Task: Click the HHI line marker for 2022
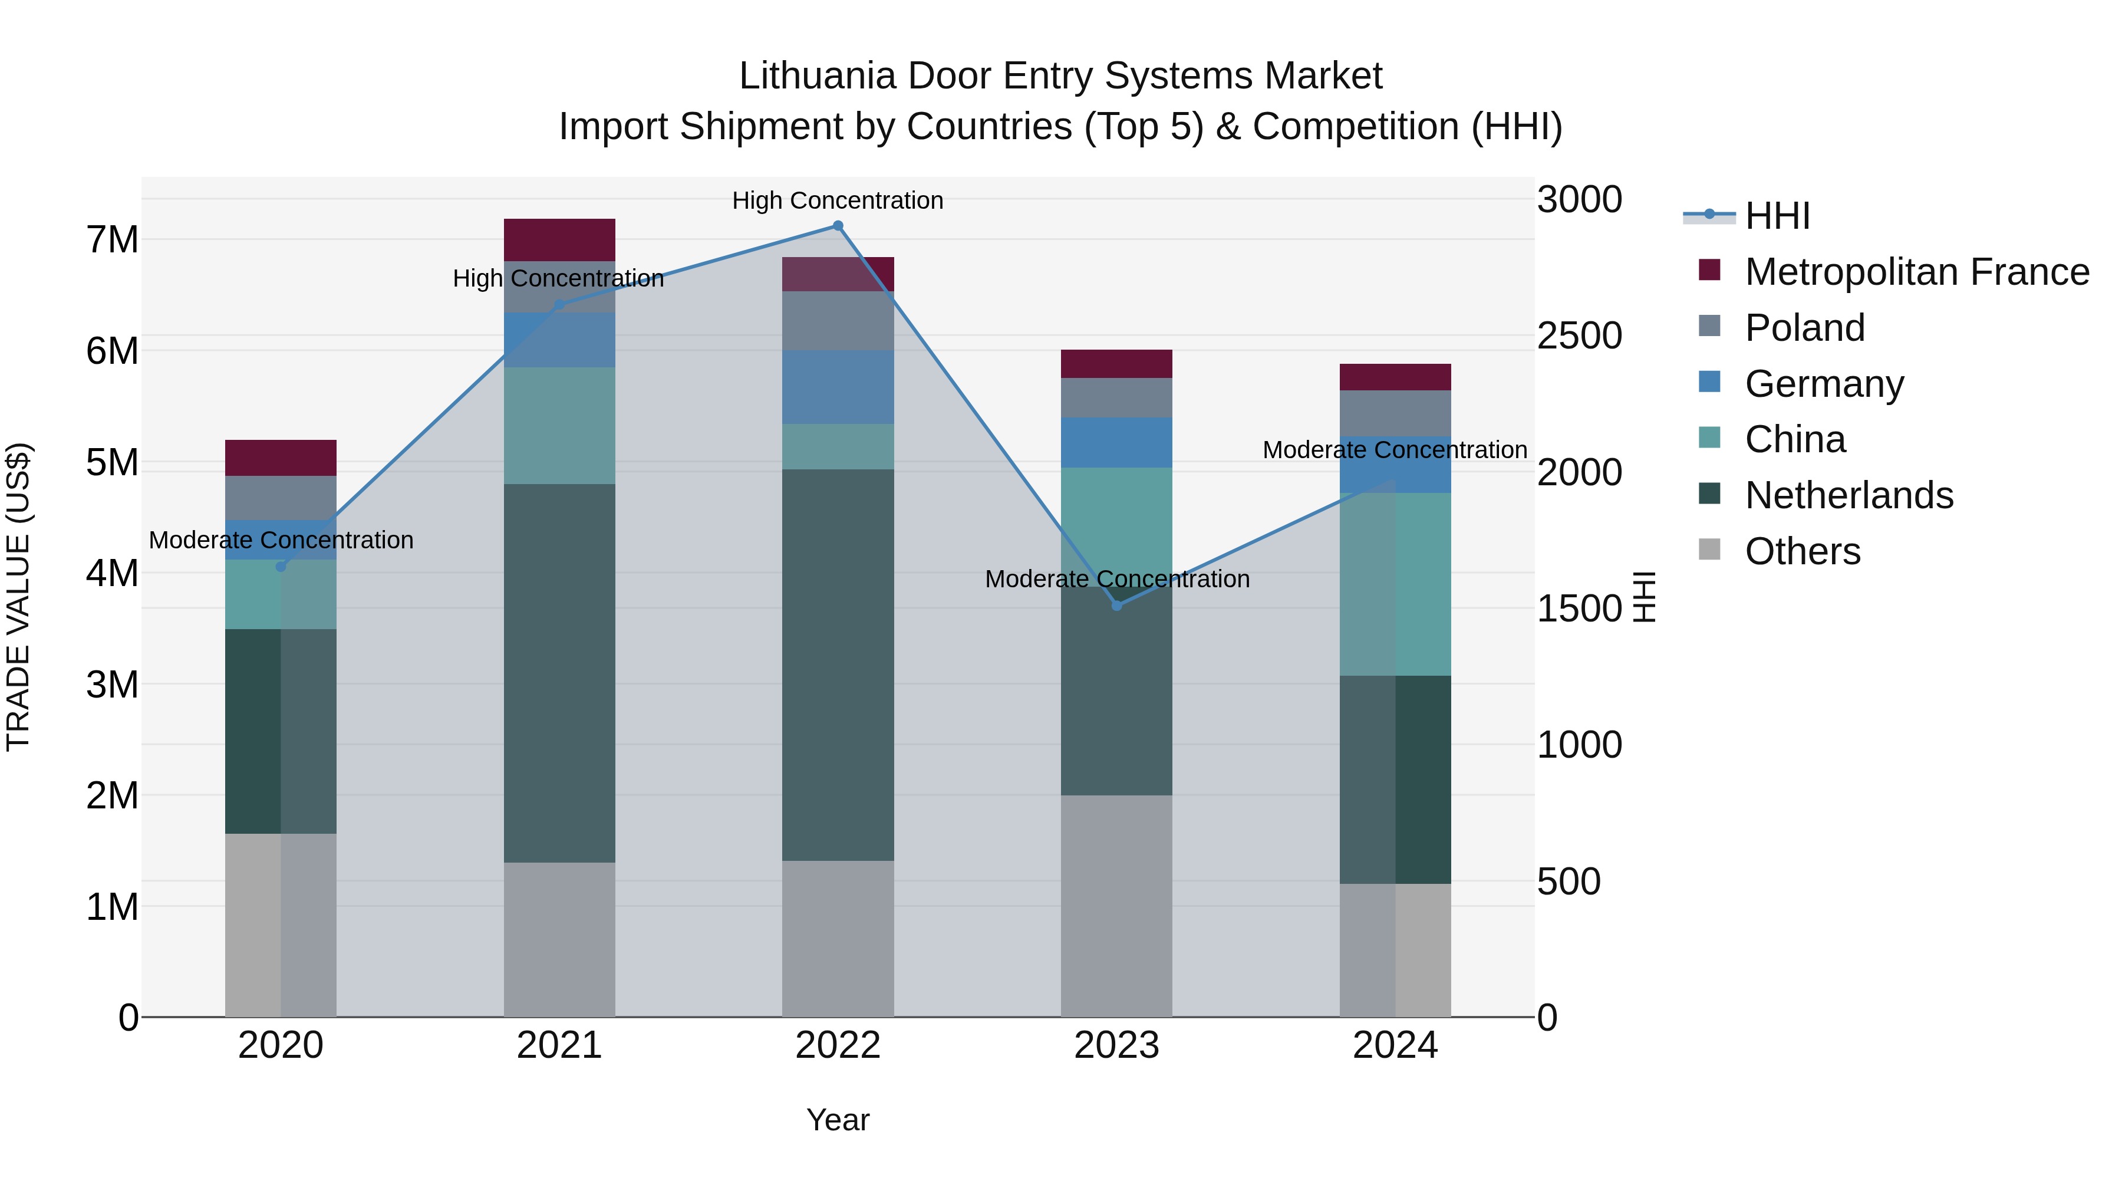(x=838, y=226)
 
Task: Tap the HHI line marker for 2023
(x=1117, y=606)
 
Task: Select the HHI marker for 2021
(x=559, y=305)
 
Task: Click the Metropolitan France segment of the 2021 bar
(x=559, y=240)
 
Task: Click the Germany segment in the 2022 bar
(x=838, y=387)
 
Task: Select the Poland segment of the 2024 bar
(x=1395, y=413)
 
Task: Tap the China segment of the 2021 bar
(x=559, y=425)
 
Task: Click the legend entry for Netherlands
(x=1848, y=495)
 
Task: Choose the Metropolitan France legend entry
(x=1916, y=272)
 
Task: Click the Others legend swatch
(x=1709, y=550)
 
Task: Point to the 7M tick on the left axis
(x=113, y=240)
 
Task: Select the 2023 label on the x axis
(x=1116, y=1045)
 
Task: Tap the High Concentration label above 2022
(x=838, y=200)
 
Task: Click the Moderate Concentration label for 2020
(x=281, y=540)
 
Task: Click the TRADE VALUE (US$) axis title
(x=18, y=597)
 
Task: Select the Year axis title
(x=838, y=1120)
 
